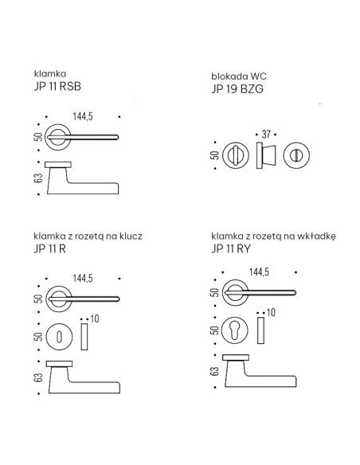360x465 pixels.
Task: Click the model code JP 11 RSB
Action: [57, 86]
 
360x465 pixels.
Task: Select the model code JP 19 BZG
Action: [237, 89]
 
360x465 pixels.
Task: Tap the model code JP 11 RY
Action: [231, 248]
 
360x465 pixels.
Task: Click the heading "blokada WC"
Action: [239, 76]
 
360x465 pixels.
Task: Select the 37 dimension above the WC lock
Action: [266, 135]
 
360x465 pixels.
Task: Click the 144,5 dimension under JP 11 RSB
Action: [83, 116]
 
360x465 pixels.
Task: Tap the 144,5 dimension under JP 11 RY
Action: [259, 272]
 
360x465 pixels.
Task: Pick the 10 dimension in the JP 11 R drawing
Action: [95, 319]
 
